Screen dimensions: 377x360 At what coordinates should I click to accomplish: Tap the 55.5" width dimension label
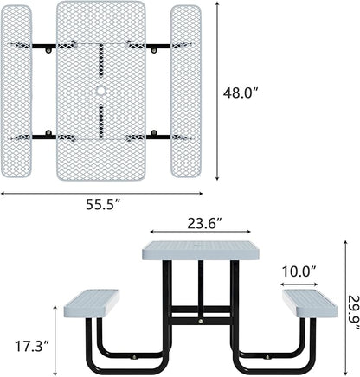[x=103, y=205]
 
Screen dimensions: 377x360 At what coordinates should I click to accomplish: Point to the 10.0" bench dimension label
[x=299, y=272]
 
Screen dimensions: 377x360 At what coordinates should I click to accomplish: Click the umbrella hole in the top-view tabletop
[x=101, y=91]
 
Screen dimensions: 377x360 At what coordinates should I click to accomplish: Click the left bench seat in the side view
[x=92, y=303]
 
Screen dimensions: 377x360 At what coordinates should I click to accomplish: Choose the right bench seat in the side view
[x=309, y=303]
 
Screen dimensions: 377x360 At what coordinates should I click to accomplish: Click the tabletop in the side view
[x=200, y=251]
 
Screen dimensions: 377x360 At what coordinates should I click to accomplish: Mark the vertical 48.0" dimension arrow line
[x=216, y=91]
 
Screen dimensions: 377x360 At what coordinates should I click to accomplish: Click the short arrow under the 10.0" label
[x=299, y=284]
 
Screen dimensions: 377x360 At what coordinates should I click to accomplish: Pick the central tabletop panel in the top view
[x=101, y=52]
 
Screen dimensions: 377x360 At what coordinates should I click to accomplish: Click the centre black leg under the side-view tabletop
[x=201, y=290]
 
